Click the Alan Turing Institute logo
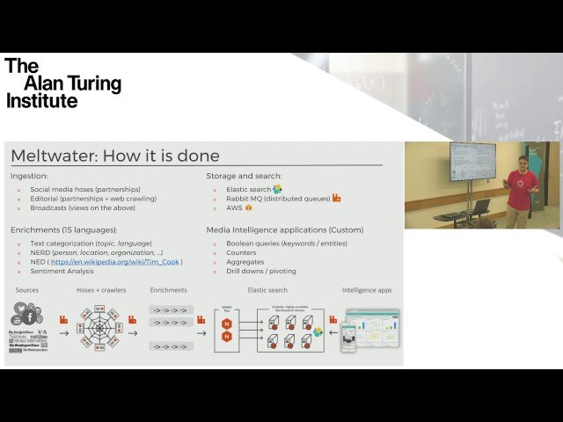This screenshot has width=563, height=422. coord(62,84)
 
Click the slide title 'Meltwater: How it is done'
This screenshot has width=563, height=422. coord(115,156)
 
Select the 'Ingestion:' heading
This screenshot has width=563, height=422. coord(29,176)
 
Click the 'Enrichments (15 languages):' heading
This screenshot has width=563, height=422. coord(63,229)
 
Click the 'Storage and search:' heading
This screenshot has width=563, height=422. coord(244,176)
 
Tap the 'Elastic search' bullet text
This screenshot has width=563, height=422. coord(247,189)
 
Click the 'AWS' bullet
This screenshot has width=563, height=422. coord(233,208)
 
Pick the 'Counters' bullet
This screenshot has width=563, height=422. coord(240,252)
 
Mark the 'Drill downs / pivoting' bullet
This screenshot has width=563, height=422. coord(261,271)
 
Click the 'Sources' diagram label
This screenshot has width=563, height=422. coord(26,289)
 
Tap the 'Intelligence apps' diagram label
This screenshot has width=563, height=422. coord(367,289)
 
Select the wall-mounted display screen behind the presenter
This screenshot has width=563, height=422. coord(472,162)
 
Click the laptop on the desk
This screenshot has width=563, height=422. coord(479,207)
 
